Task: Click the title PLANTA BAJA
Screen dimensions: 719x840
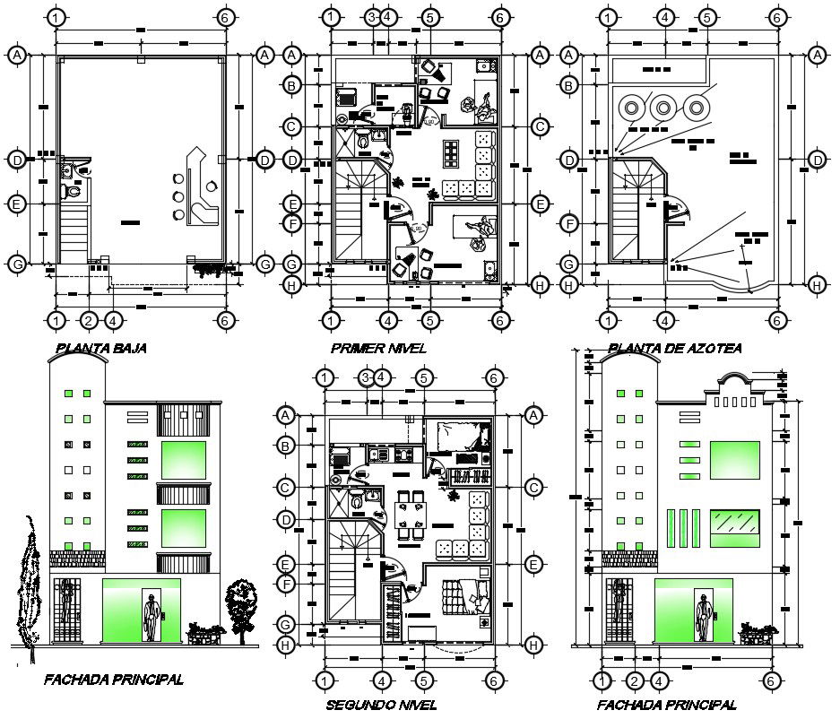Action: (100, 348)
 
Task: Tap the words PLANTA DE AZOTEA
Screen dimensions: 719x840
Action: (673, 348)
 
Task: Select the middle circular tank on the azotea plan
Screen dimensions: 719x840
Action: (662, 108)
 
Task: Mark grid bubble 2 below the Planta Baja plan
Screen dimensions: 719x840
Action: (88, 319)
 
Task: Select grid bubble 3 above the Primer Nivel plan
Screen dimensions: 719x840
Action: (371, 16)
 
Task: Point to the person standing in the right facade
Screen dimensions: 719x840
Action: (706, 617)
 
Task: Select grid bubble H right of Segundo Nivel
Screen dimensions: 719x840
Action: (533, 644)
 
